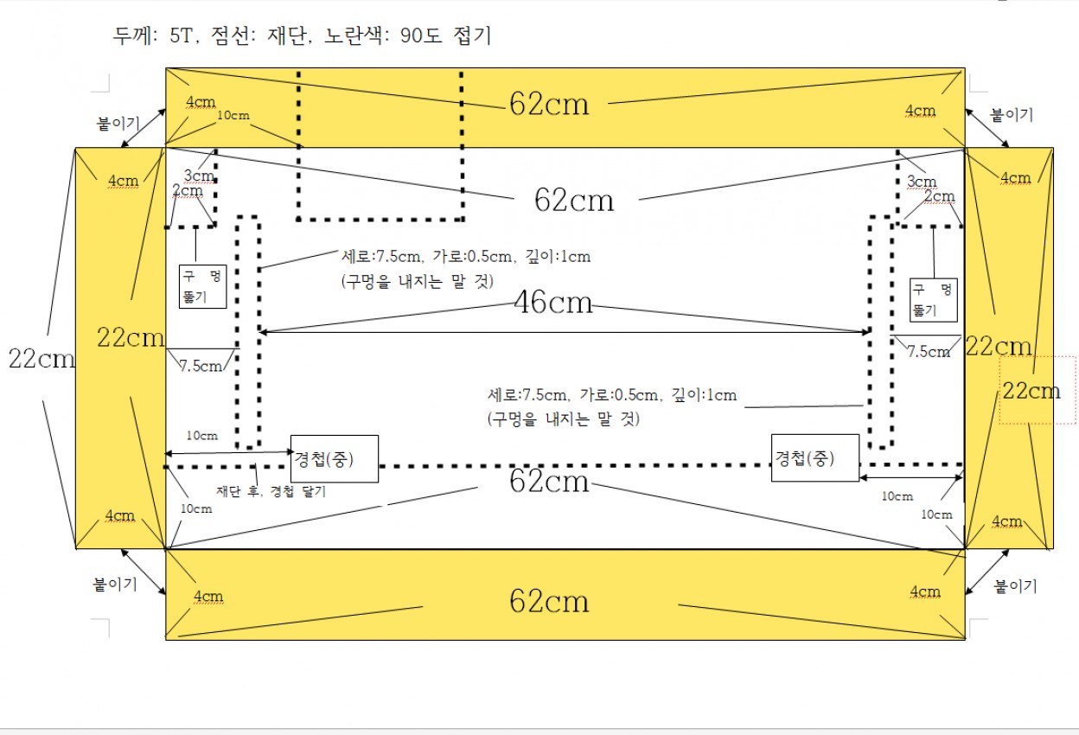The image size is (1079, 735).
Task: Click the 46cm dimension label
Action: pos(553,303)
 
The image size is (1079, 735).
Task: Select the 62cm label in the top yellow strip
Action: pos(549,104)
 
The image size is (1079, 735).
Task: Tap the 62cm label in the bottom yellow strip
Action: pos(549,601)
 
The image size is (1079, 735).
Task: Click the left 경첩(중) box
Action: pos(335,458)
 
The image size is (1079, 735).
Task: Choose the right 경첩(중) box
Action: pos(815,457)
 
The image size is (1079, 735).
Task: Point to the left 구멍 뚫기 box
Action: pos(202,286)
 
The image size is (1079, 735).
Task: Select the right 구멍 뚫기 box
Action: pos(933,299)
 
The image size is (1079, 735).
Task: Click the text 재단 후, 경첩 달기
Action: pos(271,491)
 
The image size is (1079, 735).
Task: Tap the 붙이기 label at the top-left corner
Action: pos(118,123)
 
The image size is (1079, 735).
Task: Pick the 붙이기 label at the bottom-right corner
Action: pos(1015,585)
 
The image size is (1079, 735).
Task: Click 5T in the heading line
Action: pos(182,35)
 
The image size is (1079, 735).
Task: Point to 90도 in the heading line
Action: pos(420,35)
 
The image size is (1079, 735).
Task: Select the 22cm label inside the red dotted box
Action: pos(1031,391)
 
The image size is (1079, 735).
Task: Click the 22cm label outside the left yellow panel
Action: pos(41,358)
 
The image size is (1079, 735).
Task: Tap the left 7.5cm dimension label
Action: pos(201,366)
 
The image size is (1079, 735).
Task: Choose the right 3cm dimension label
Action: pos(922,182)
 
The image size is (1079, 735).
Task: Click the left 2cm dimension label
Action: pos(188,191)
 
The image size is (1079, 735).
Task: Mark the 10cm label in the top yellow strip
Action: pos(233,115)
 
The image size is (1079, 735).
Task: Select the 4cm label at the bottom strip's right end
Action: pos(925,591)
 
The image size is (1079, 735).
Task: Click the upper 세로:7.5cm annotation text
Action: pos(466,256)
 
